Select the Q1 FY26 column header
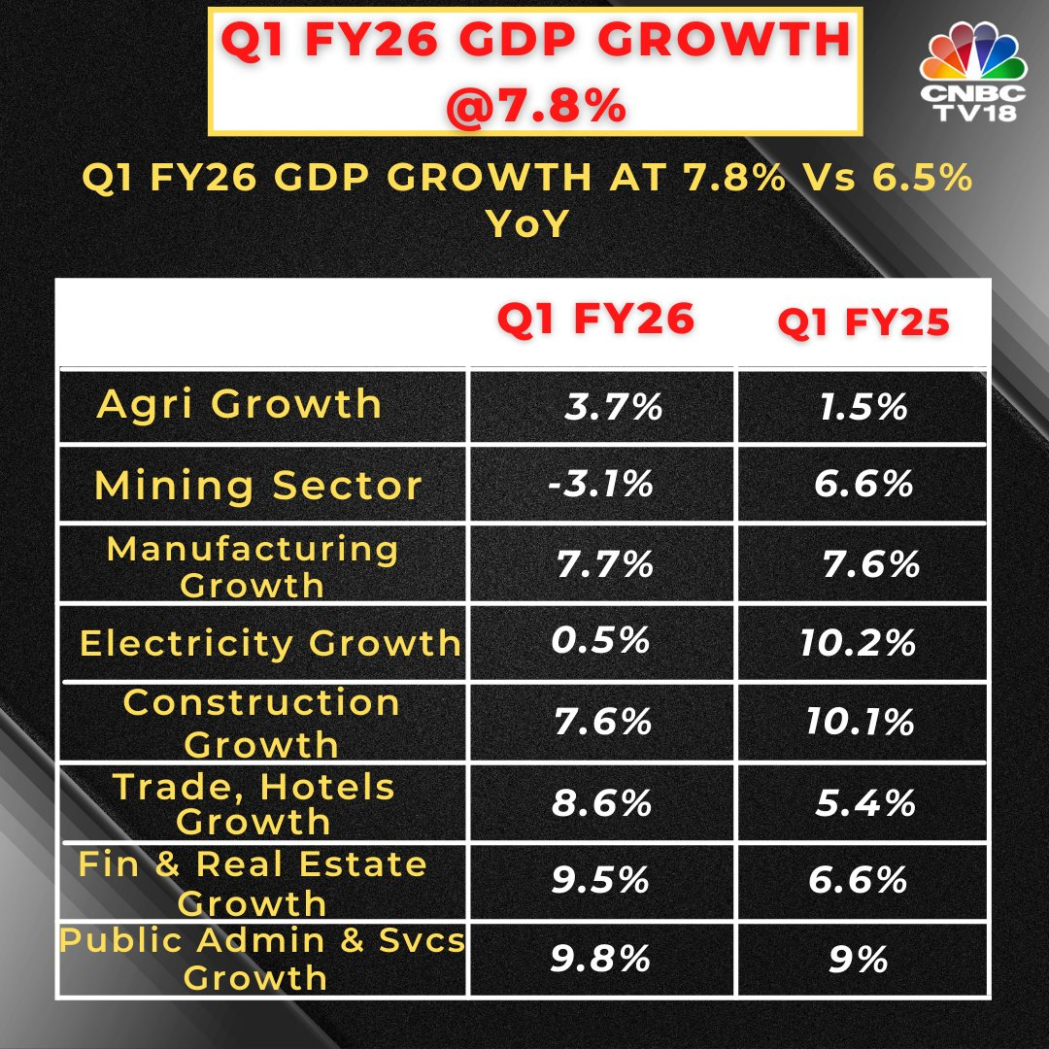(596, 320)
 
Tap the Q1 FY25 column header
(863, 322)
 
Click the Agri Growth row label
(240, 404)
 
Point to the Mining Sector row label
(258, 486)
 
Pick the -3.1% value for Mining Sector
(600, 483)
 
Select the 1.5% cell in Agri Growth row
(863, 406)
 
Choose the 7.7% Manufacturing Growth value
(604, 563)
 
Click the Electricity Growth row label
(270, 643)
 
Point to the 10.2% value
(859, 642)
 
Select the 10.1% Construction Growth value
(861, 722)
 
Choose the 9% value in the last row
(860, 960)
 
